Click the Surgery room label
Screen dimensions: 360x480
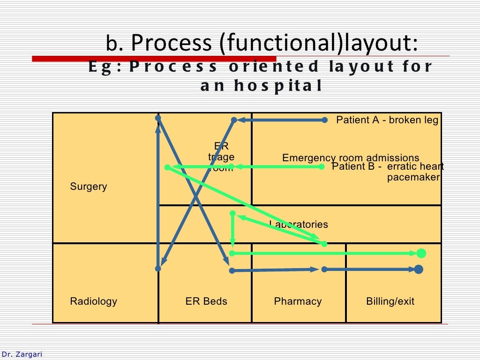pos(89,187)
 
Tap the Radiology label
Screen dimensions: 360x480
pos(93,301)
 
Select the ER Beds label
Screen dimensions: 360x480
pos(206,301)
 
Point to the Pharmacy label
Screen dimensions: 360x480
pos(298,301)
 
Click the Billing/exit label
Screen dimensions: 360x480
pos(390,301)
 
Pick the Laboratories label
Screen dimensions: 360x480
pos(299,225)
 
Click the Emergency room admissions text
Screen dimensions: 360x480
pos(351,158)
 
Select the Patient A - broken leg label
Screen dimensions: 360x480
pos(387,120)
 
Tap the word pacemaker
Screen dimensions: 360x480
pos(413,177)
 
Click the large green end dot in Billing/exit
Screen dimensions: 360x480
pos(421,254)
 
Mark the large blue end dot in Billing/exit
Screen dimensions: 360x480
pos(419,269)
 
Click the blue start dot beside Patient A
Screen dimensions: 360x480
pos(325,120)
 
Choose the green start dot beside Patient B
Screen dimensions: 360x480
pos(322,166)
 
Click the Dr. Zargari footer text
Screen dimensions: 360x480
pos(22,354)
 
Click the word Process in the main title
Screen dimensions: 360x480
pos(171,43)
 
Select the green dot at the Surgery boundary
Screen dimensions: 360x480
pos(167,167)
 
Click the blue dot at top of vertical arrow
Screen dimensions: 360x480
pos(158,118)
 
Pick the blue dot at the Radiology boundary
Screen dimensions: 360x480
pos(158,269)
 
